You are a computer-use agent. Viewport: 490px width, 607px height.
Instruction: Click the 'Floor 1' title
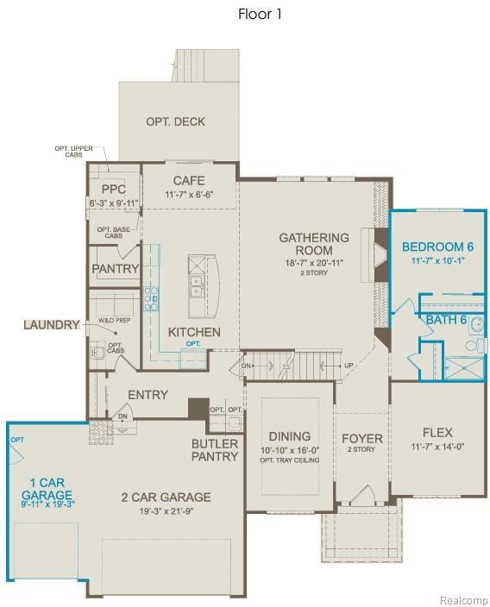(260, 14)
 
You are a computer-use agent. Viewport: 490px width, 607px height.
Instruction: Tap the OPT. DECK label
(175, 122)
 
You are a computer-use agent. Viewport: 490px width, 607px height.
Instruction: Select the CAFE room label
(189, 180)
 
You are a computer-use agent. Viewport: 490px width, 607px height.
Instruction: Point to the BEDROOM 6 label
(437, 246)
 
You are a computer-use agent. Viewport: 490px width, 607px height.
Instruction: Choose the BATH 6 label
(446, 320)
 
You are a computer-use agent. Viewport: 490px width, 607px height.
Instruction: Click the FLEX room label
(437, 432)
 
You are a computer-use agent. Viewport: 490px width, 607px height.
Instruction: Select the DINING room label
(289, 436)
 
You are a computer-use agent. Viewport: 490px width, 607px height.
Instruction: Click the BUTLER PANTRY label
(215, 449)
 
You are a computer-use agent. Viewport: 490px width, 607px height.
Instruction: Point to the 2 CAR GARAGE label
(166, 497)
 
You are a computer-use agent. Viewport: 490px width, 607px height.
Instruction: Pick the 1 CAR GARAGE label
(41, 489)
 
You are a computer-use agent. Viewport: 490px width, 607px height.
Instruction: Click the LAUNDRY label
(51, 325)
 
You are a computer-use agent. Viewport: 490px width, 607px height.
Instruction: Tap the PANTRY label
(115, 269)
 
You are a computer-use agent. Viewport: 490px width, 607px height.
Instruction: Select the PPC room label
(114, 190)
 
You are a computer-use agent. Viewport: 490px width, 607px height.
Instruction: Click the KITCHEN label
(194, 332)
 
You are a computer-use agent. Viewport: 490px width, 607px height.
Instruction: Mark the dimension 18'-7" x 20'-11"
(314, 262)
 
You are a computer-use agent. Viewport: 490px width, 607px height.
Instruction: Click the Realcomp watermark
(464, 600)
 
